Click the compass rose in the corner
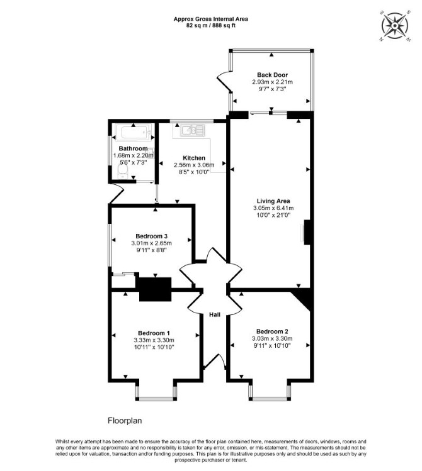pyautogui.click(x=395, y=26)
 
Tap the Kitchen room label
pyautogui.click(x=194, y=158)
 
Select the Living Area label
pyautogui.click(x=273, y=201)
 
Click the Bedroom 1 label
pyautogui.click(x=154, y=333)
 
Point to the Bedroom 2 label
pyautogui.click(x=272, y=331)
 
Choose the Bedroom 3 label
pyautogui.click(x=151, y=236)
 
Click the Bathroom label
pyautogui.click(x=134, y=148)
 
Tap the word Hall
pyautogui.click(x=215, y=315)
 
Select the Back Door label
pyautogui.click(x=272, y=75)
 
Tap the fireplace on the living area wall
pyautogui.click(x=306, y=232)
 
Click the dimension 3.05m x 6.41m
pyautogui.click(x=273, y=208)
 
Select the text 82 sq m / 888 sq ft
pyautogui.click(x=211, y=26)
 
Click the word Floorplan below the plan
pyautogui.click(x=125, y=421)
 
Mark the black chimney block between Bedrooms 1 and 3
pyautogui.click(x=155, y=289)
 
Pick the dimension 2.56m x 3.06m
pyautogui.click(x=194, y=165)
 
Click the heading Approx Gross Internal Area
pyautogui.click(x=211, y=19)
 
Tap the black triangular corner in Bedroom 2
pyautogui.click(x=304, y=297)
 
